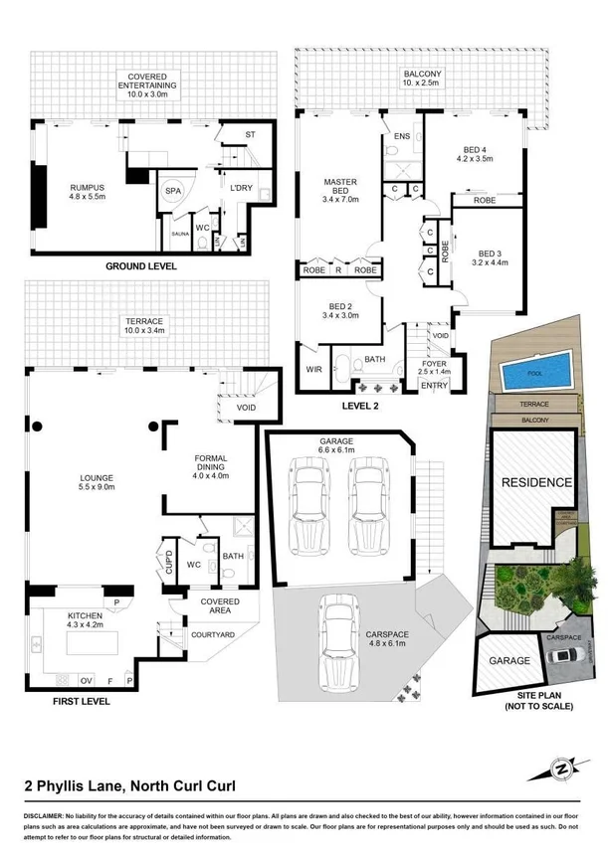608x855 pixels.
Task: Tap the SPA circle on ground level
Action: pyautogui.click(x=173, y=190)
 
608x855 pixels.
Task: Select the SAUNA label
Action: pyautogui.click(x=180, y=233)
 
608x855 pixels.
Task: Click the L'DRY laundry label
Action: pyautogui.click(x=241, y=188)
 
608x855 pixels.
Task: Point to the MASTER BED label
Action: pyautogui.click(x=340, y=188)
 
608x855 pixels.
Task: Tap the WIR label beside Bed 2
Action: pyautogui.click(x=314, y=370)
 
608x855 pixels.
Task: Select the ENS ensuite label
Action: pyautogui.click(x=402, y=135)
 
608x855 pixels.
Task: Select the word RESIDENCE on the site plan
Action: pyautogui.click(x=536, y=482)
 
